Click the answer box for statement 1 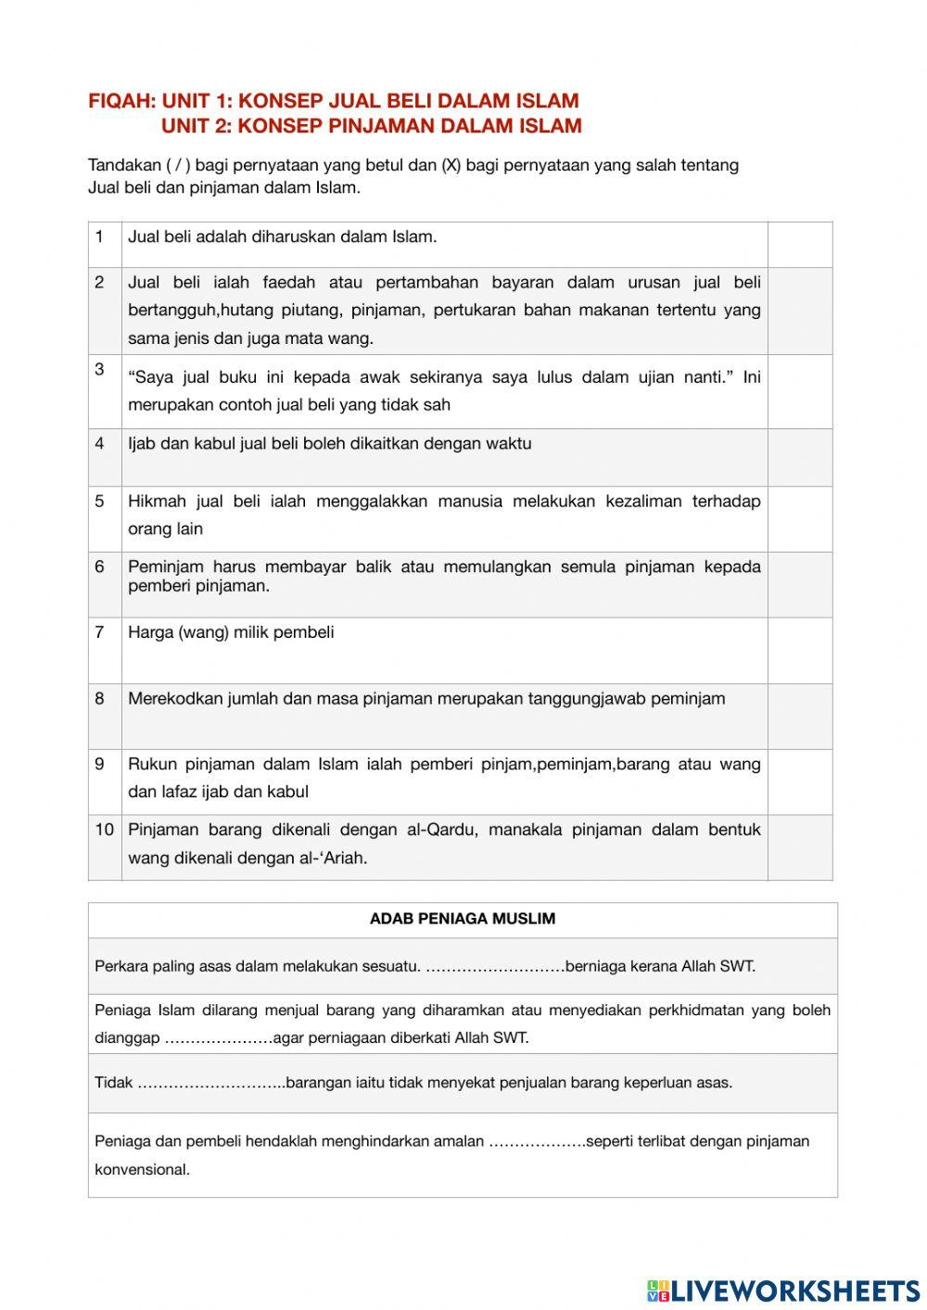pyautogui.click(x=800, y=245)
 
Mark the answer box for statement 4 pyautogui.click(x=800, y=457)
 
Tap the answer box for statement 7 pyautogui.click(x=800, y=650)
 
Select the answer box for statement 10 pyautogui.click(x=800, y=847)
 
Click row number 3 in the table pyautogui.click(x=99, y=369)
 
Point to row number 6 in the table pyautogui.click(x=99, y=566)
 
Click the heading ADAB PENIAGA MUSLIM pyautogui.click(x=463, y=919)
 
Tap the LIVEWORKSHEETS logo pyautogui.click(x=783, y=1290)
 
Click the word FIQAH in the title pyautogui.click(x=121, y=101)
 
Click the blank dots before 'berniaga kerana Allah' pyautogui.click(x=495, y=966)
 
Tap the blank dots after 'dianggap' pyautogui.click(x=219, y=1038)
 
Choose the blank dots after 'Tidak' pyautogui.click(x=211, y=1083)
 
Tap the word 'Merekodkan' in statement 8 pyautogui.click(x=173, y=698)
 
